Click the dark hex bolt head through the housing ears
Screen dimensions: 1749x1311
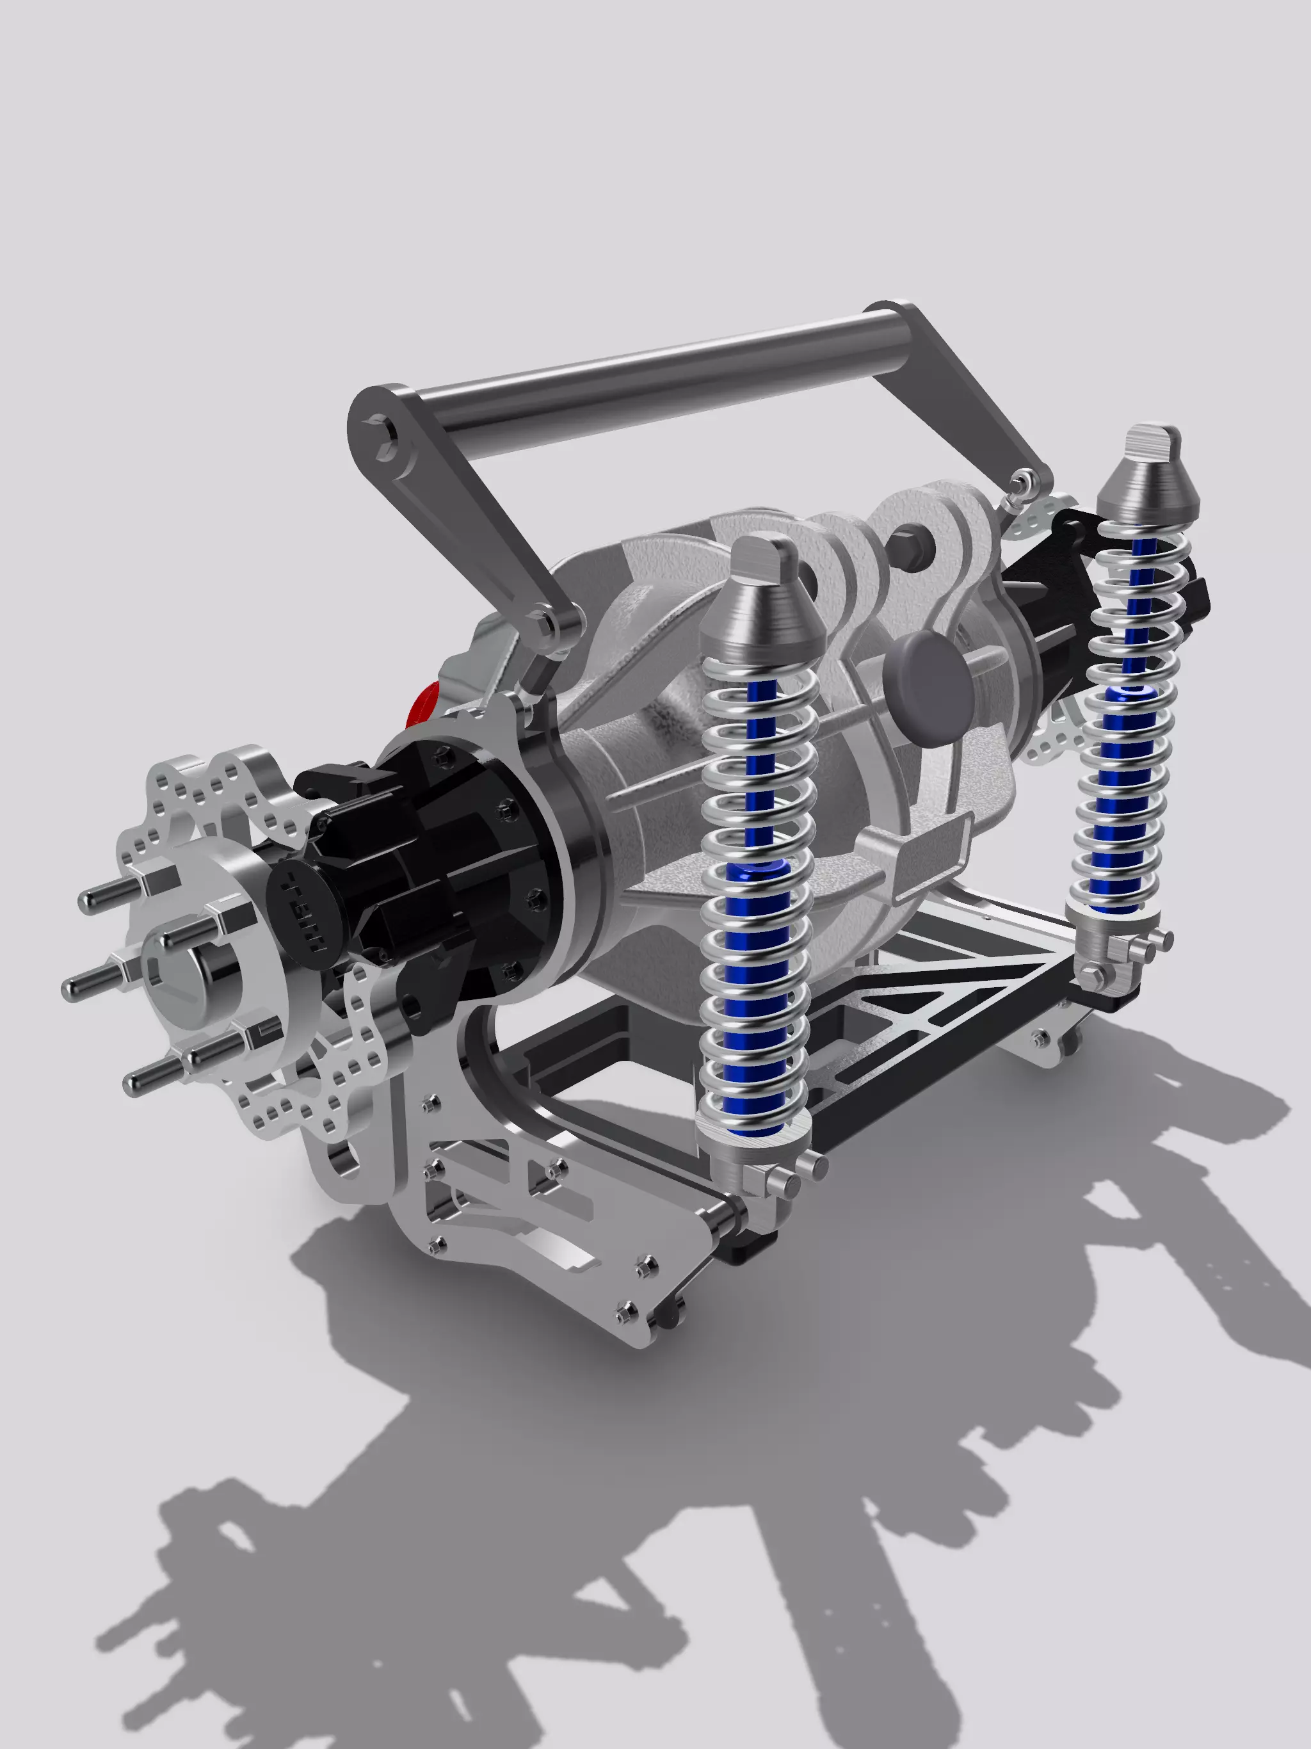(903, 545)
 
